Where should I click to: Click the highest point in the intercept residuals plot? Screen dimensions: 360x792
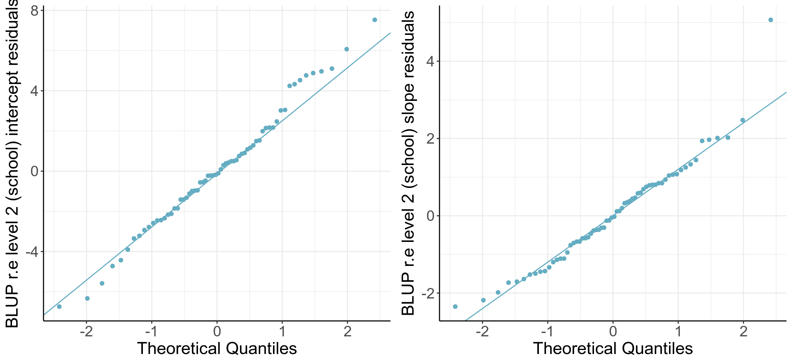(x=375, y=20)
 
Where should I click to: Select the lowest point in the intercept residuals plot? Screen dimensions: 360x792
(x=59, y=306)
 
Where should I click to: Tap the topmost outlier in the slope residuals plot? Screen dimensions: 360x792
(x=771, y=20)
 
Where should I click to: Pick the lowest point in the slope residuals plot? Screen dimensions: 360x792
(x=455, y=306)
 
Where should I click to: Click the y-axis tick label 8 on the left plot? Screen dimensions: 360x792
(x=34, y=11)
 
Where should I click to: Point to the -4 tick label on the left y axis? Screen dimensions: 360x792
(x=32, y=252)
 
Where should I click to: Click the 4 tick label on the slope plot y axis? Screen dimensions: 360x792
(x=430, y=61)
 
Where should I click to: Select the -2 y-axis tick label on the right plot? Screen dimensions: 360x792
(x=428, y=293)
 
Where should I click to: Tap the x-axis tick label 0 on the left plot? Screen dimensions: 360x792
(x=217, y=331)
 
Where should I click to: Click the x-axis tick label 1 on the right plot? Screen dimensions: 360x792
(x=678, y=331)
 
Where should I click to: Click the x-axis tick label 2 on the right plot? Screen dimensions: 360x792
(x=743, y=331)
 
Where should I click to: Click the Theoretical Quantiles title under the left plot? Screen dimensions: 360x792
(x=217, y=348)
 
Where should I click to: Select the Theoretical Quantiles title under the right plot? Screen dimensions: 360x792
(x=613, y=348)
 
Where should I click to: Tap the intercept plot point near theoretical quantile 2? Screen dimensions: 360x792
(x=346, y=49)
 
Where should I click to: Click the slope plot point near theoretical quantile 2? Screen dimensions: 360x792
(x=742, y=120)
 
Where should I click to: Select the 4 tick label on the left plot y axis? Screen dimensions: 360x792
(x=34, y=91)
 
